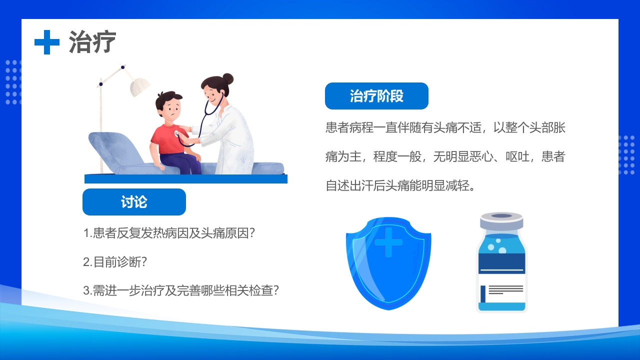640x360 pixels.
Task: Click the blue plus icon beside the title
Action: [47, 42]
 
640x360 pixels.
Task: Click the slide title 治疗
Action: [92, 42]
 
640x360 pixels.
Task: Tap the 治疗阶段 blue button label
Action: [376, 96]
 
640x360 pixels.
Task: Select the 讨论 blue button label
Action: [134, 202]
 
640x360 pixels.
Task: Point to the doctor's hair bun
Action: [227, 78]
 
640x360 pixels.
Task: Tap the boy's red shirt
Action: [167, 140]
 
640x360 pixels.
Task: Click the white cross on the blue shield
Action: [388, 242]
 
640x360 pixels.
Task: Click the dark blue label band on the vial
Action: [501, 263]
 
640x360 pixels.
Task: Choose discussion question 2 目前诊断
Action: [115, 262]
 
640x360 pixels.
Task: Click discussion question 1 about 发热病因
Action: [169, 233]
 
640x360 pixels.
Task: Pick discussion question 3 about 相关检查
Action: [180, 290]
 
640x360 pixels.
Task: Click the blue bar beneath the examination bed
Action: [186, 179]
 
